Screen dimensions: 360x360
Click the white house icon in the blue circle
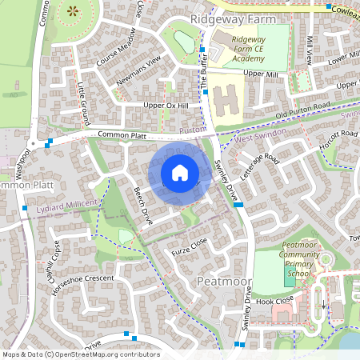[180, 173]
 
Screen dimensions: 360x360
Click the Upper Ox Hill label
[166, 106]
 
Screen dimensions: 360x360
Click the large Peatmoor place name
[224, 283]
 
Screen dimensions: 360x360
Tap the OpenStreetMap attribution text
[80, 354]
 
